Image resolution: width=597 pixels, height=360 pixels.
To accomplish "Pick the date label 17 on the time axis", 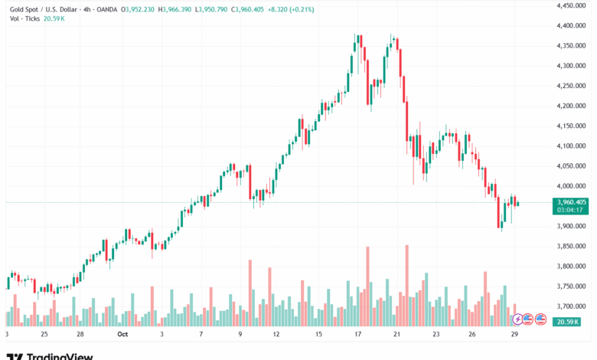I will click(x=357, y=335).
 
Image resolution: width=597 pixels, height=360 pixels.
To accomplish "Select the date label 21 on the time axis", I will click(x=397, y=335).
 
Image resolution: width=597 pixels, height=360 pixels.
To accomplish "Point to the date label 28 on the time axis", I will click(x=80, y=335).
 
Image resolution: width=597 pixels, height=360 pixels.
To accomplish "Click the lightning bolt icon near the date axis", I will click(x=518, y=318).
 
